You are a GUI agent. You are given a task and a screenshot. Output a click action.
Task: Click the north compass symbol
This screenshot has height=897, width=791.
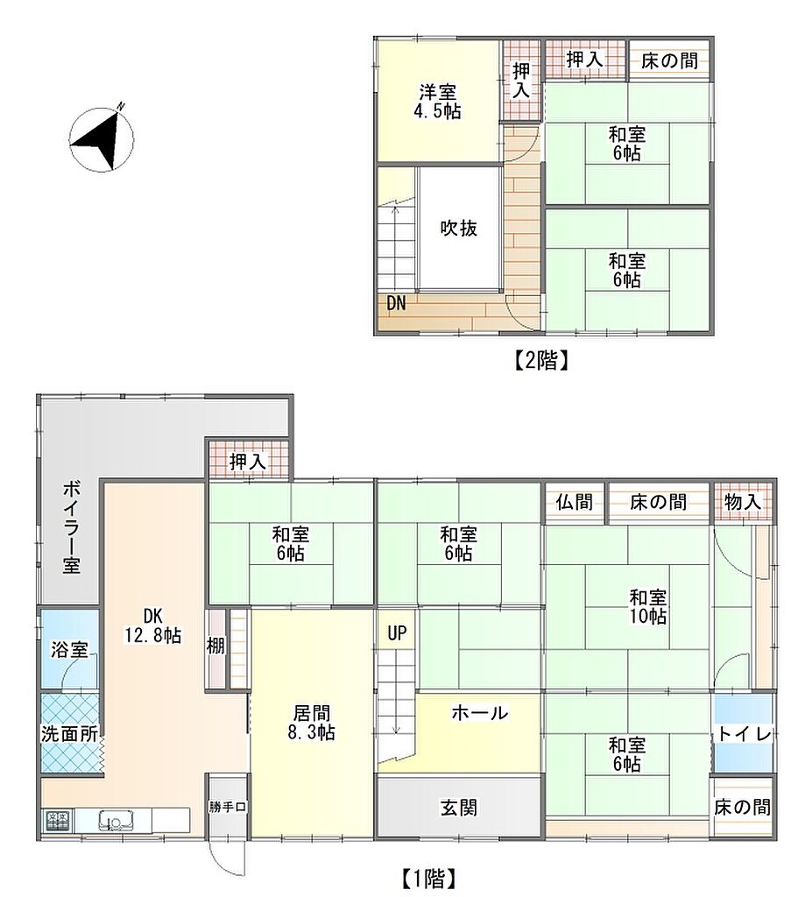click(x=102, y=138)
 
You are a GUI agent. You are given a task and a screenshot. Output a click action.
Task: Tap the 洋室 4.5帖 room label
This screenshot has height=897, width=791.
click(x=437, y=102)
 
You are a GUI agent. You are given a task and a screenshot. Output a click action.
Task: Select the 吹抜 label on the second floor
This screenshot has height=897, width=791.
click(x=459, y=229)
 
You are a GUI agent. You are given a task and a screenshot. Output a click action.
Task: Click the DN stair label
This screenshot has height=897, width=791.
click(x=396, y=303)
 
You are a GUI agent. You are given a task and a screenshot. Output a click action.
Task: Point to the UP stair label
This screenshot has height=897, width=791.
click(x=397, y=633)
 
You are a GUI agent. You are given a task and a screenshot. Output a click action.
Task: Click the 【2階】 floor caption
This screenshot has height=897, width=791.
click(x=539, y=360)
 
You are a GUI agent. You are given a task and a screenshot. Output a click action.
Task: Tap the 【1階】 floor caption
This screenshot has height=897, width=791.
click(x=427, y=878)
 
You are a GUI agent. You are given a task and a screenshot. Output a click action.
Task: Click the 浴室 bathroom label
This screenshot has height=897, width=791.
click(x=69, y=650)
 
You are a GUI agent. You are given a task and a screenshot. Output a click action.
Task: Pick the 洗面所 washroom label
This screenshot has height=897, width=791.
click(x=69, y=734)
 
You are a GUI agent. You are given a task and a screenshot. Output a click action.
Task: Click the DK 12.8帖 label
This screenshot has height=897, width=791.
click(x=153, y=625)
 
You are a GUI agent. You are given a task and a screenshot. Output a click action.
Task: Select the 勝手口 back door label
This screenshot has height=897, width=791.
click(x=228, y=807)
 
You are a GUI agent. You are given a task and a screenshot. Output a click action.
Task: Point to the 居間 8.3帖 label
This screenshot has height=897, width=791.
click(x=312, y=723)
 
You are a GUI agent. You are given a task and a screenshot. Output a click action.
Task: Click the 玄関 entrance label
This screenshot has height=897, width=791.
click(x=459, y=808)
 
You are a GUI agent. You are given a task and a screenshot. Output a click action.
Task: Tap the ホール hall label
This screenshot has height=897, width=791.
click(x=479, y=713)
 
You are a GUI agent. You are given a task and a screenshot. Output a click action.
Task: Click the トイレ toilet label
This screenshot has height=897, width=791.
click(x=745, y=734)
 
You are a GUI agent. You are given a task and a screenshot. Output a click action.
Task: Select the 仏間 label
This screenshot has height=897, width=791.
click(x=575, y=502)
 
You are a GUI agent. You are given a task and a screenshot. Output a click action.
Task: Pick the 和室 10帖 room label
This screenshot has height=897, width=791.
click(x=648, y=607)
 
